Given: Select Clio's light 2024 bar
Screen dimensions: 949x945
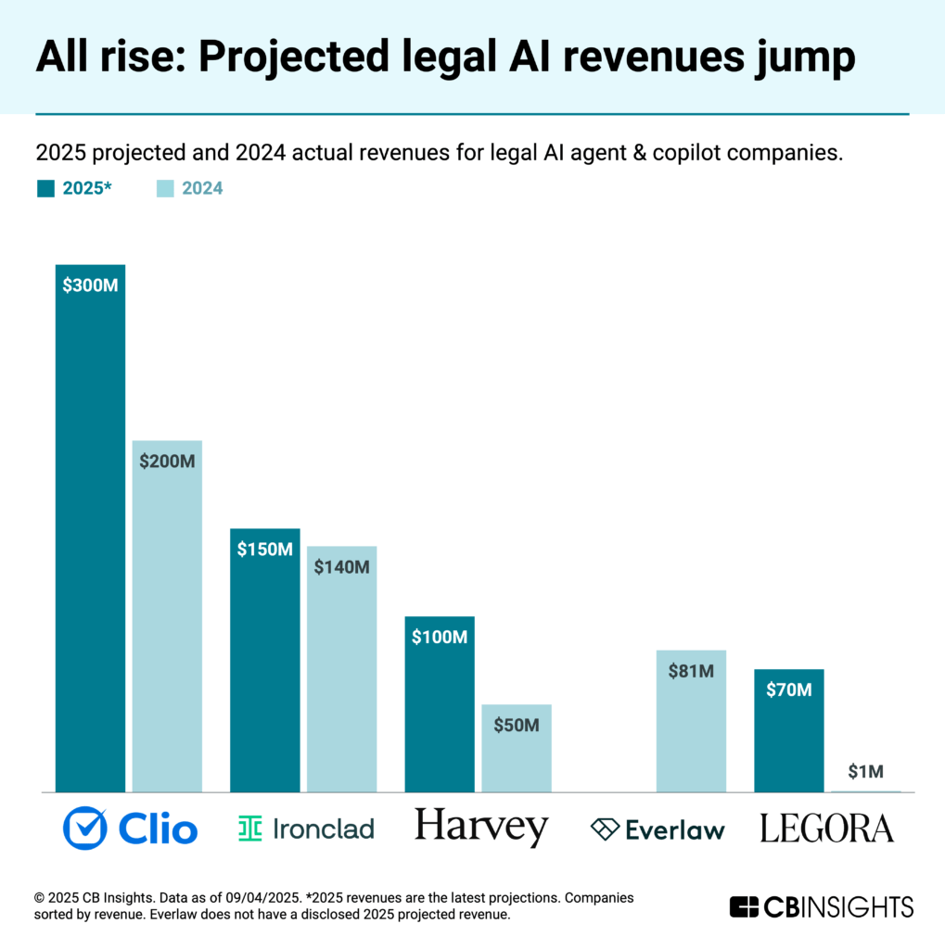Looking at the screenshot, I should [x=167, y=630].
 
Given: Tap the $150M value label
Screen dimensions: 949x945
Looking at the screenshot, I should [x=264, y=550].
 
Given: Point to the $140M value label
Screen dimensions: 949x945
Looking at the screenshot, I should [x=341, y=566].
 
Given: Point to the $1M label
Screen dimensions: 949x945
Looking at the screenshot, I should [x=866, y=771].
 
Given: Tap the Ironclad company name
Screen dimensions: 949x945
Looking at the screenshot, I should [x=324, y=829].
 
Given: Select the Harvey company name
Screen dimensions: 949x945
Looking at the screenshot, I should [x=481, y=827].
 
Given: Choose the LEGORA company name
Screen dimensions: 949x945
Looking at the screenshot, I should [x=826, y=829].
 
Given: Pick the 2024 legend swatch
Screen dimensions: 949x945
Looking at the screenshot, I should [x=163, y=189].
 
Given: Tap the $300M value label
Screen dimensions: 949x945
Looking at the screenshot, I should [x=90, y=285].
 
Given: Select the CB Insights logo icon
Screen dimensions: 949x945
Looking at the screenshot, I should [x=745, y=906].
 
